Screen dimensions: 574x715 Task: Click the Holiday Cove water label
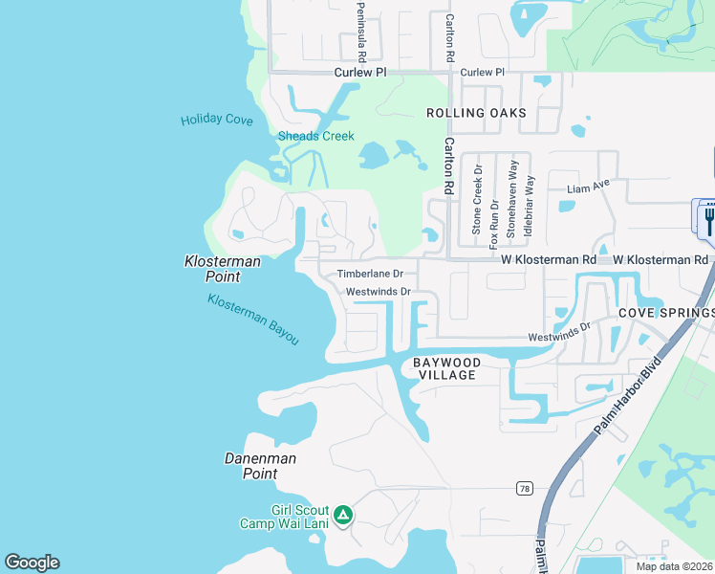(x=217, y=120)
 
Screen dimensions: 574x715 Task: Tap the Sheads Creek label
(x=315, y=136)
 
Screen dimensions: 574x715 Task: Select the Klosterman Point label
(x=212, y=268)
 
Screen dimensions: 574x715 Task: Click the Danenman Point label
(x=260, y=466)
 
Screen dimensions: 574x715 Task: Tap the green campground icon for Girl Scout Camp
(x=343, y=516)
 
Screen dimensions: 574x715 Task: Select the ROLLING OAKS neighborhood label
(x=476, y=113)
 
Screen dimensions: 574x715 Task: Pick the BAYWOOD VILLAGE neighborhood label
(x=445, y=368)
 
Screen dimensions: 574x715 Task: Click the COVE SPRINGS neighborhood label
(x=665, y=313)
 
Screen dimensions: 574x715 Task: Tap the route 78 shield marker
(x=524, y=489)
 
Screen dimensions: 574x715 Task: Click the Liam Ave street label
(x=588, y=186)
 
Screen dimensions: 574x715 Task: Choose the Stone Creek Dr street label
(x=477, y=199)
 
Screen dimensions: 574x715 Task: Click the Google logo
(x=32, y=563)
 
